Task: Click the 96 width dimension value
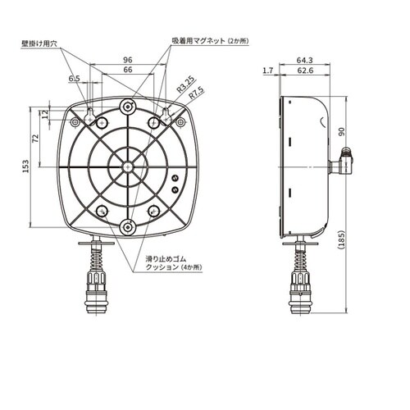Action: click(x=127, y=60)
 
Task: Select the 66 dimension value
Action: click(x=127, y=71)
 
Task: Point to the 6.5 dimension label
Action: click(x=75, y=79)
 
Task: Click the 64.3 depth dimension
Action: click(x=304, y=60)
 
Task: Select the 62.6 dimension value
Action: click(x=306, y=71)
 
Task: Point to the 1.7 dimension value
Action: click(x=267, y=71)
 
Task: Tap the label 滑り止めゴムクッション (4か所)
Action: click(x=175, y=262)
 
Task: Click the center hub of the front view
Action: click(x=127, y=166)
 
